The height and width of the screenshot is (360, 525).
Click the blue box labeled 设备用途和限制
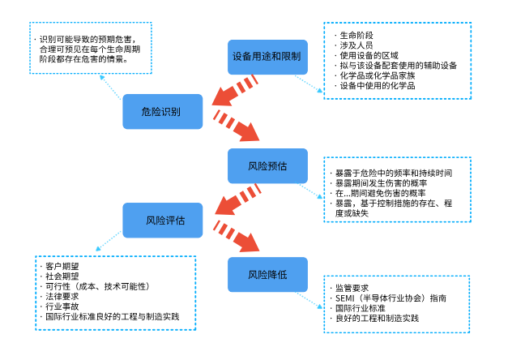267,57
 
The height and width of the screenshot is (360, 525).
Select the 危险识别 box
162,111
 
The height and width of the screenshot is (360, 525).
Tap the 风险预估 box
267,165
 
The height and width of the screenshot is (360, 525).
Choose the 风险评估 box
162,221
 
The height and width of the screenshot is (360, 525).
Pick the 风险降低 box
267,274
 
